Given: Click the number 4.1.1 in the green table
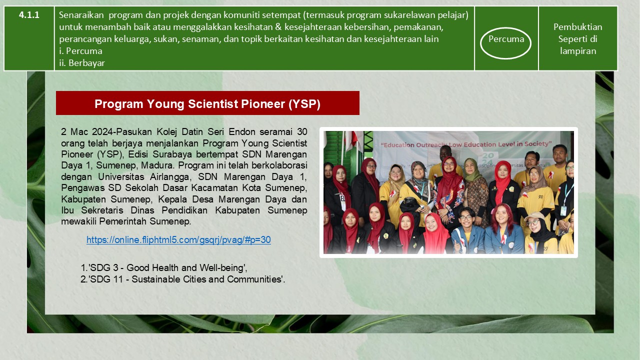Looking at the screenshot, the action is tap(29, 15).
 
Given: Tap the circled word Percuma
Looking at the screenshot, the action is tap(506, 39).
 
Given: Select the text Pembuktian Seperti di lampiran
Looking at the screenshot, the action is tap(577, 39).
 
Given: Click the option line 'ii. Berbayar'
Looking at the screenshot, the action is tap(82, 63).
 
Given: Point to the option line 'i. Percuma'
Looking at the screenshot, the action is tap(80, 51).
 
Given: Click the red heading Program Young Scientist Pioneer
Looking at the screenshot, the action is tap(207, 103).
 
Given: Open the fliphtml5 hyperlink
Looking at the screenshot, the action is tap(178, 239).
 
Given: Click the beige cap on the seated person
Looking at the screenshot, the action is tap(534, 216).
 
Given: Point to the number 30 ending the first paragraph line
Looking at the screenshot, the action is tap(302, 131).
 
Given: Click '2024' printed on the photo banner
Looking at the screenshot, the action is tap(488, 159).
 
